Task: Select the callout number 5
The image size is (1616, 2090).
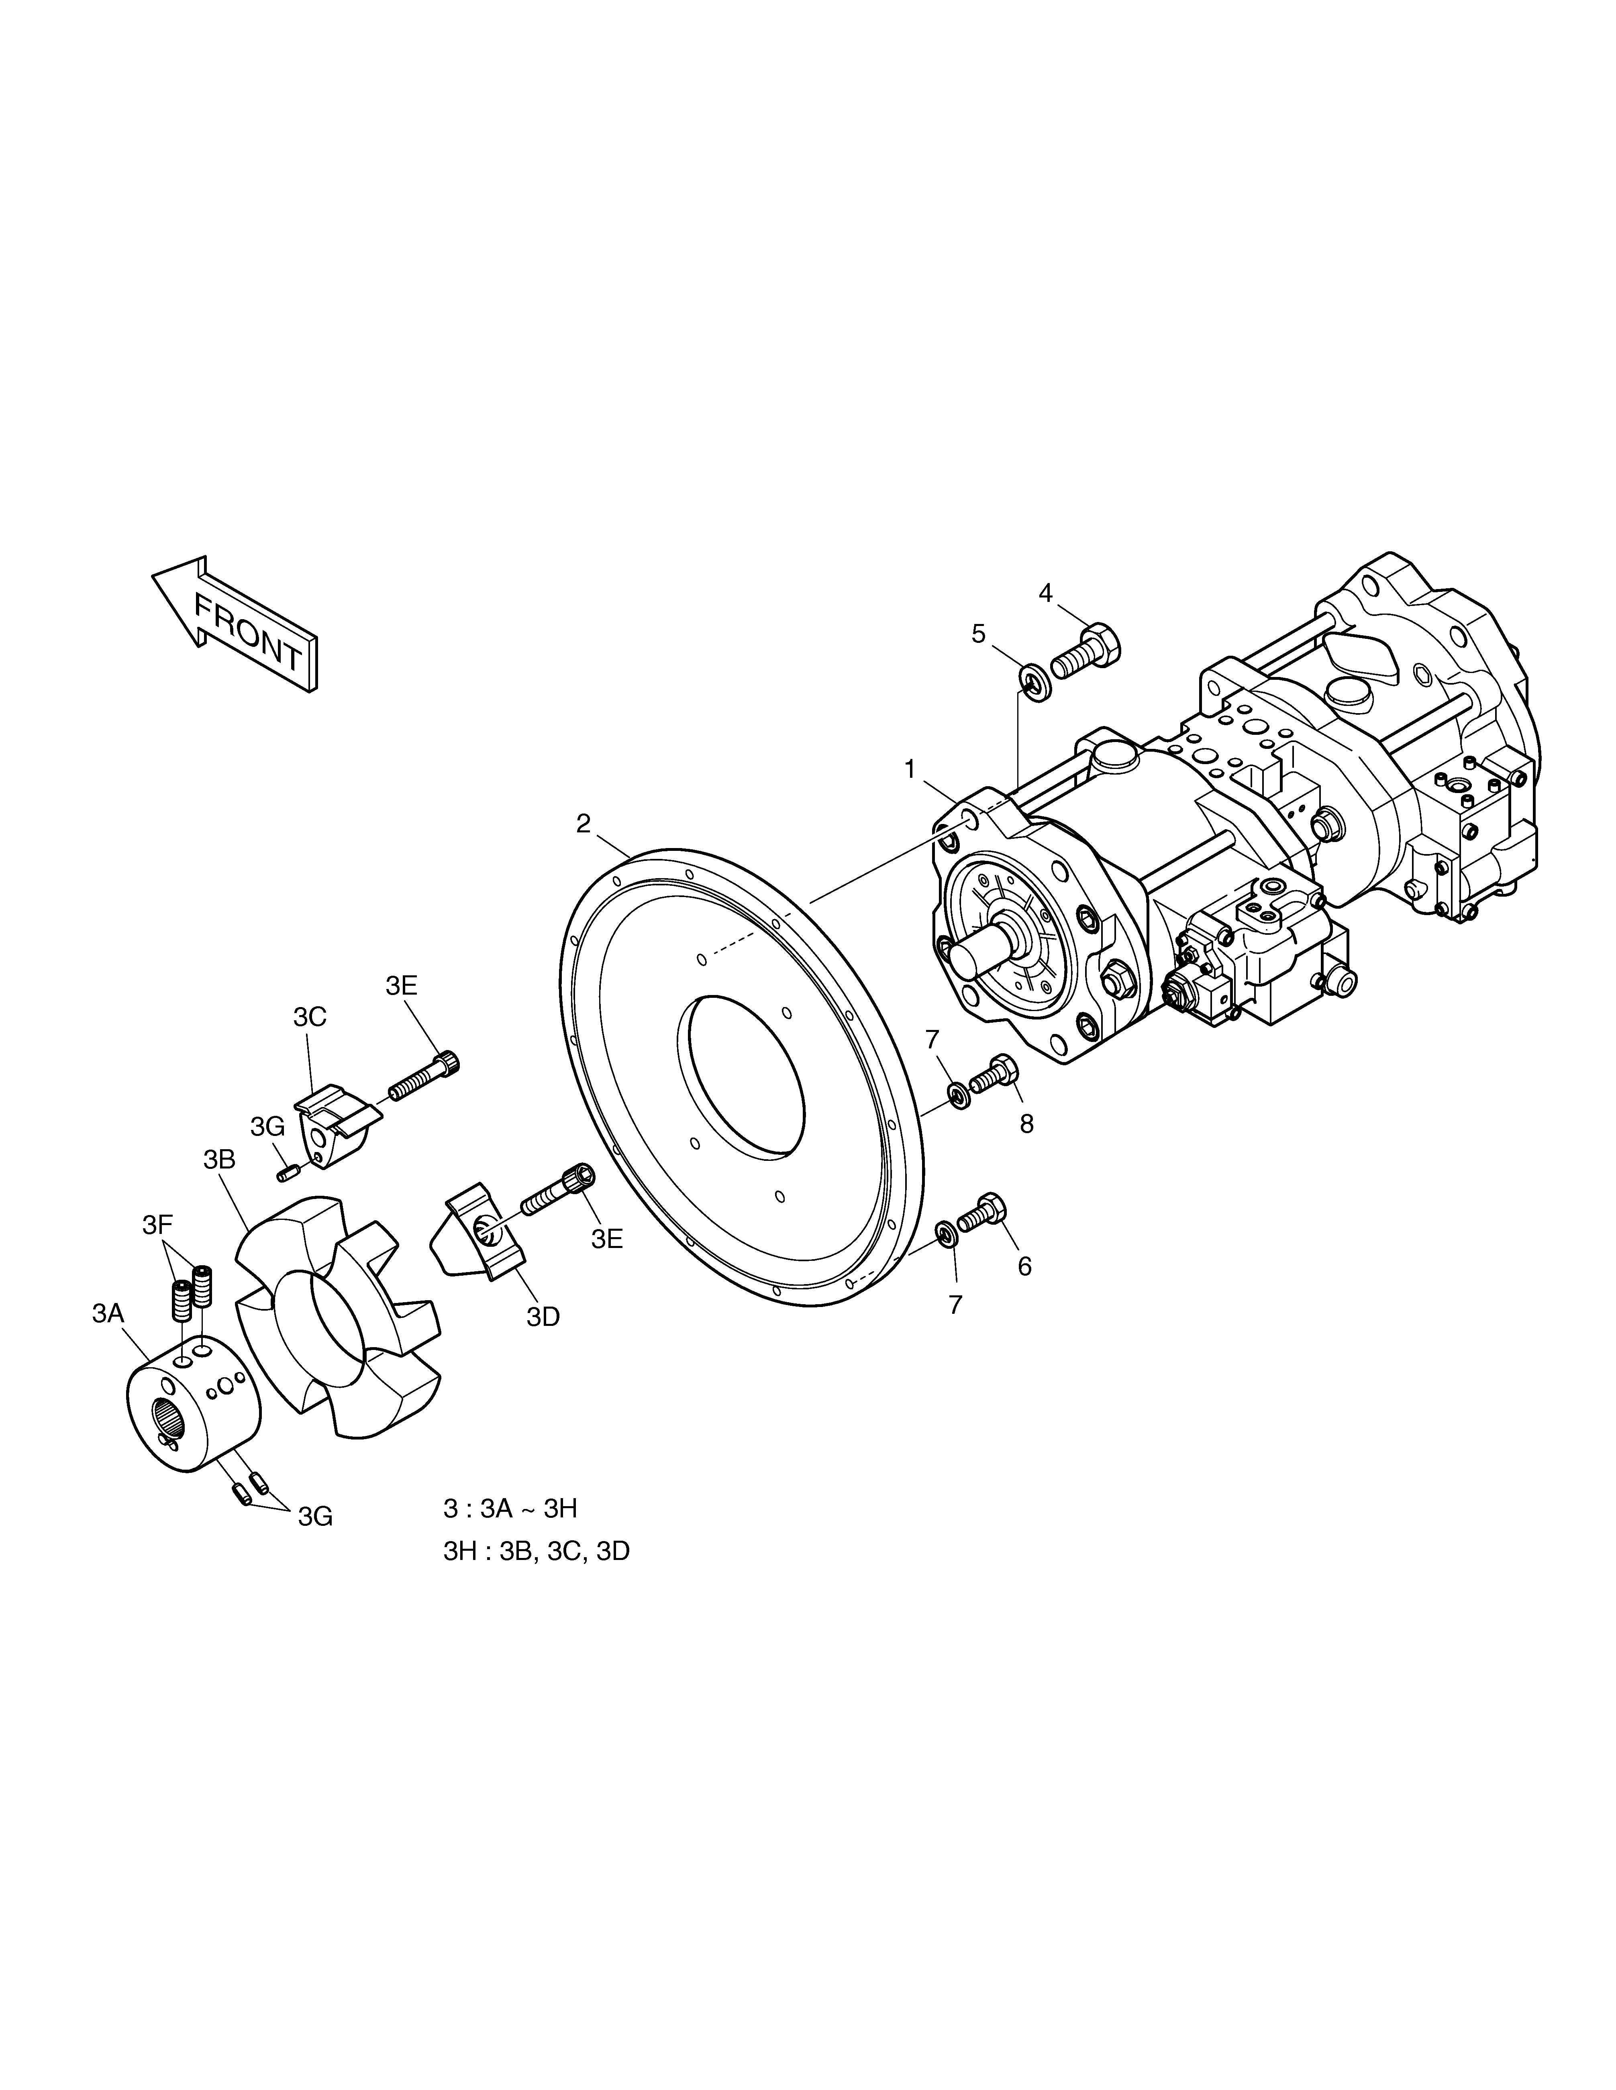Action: pos(978,634)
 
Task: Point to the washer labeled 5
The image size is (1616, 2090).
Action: pos(1032,682)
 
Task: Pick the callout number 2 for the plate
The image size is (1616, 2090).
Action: pos(583,824)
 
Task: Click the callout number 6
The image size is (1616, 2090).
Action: pos(1024,1267)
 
